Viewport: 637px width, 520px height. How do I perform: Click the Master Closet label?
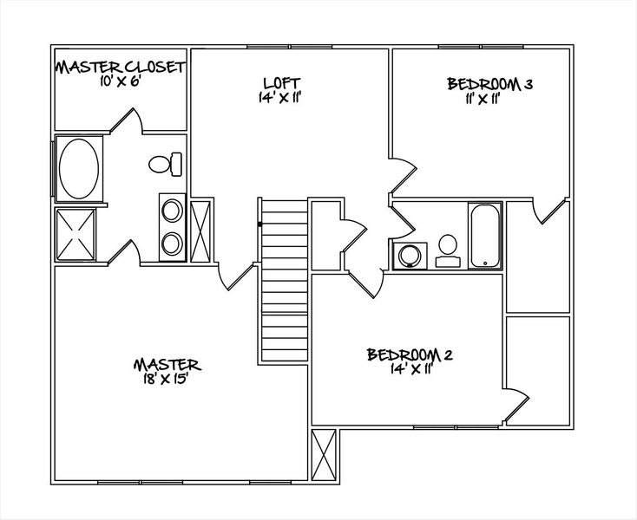click(121, 67)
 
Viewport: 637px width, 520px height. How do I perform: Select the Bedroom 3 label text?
click(489, 84)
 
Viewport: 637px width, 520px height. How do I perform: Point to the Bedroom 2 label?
click(410, 354)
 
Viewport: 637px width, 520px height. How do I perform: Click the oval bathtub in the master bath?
click(78, 169)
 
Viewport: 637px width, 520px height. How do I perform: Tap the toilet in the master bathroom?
click(165, 163)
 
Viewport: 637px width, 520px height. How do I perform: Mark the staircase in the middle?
click(283, 279)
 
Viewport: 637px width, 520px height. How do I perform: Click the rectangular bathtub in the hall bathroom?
click(484, 237)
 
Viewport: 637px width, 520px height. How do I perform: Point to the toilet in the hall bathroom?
click(448, 250)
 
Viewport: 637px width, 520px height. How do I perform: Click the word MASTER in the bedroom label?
click(167, 364)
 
